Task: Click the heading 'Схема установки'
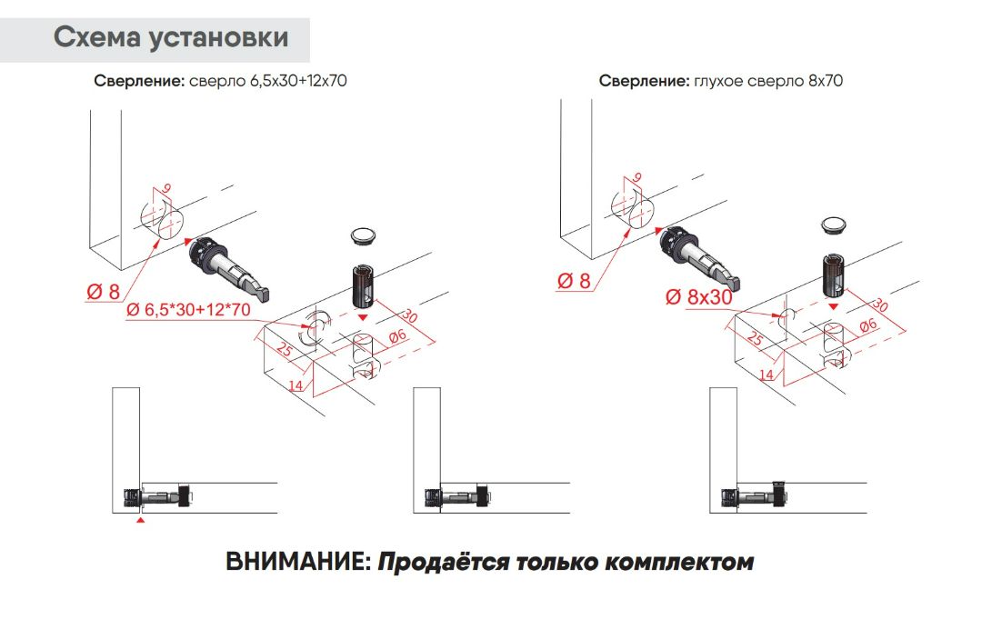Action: tap(171, 38)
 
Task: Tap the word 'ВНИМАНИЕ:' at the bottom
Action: tap(297, 562)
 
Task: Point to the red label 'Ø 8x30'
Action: tap(698, 296)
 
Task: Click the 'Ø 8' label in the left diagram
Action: tap(103, 292)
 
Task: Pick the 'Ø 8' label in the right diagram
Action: tap(573, 281)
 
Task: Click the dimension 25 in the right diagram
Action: tap(756, 339)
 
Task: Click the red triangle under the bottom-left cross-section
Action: tap(139, 521)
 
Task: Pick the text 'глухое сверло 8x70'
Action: tap(768, 81)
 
